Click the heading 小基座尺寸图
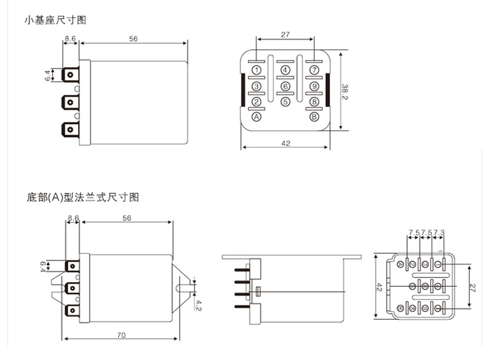(x=55, y=20)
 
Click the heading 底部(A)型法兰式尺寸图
(x=82, y=197)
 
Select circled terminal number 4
(x=285, y=70)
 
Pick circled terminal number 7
(x=314, y=70)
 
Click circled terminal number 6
(x=285, y=86)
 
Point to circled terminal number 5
(x=285, y=102)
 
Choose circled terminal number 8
(x=314, y=102)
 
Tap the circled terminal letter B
(x=314, y=117)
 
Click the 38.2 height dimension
(x=345, y=92)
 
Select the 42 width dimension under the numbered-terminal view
(x=285, y=142)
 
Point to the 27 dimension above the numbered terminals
(x=285, y=34)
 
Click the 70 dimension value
(x=121, y=335)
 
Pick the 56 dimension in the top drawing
(x=133, y=39)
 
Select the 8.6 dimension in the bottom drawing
(x=73, y=218)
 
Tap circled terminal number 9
(x=314, y=86)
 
